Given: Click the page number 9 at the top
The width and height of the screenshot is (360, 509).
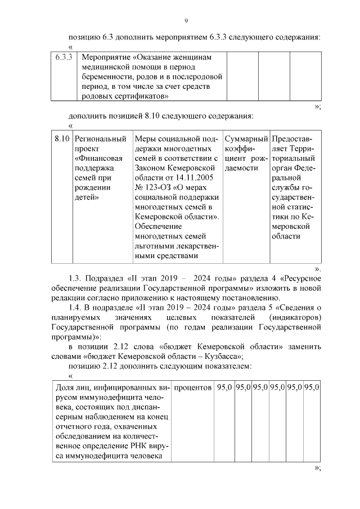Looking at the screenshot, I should coord(186,21).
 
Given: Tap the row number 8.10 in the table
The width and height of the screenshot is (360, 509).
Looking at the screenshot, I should coord(62,138).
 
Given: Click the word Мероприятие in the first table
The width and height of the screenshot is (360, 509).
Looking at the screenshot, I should coord(105,57).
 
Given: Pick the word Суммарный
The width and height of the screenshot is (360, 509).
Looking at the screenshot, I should coord(245,138).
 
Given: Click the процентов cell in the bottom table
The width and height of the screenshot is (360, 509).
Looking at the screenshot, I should coord(193,388).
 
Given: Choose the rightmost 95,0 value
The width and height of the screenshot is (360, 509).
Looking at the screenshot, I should coord(312,388).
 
